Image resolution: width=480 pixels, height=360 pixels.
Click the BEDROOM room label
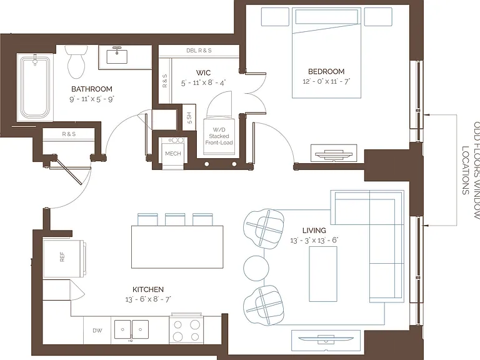[x=326, y=71]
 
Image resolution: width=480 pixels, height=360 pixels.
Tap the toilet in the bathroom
[x=76, y=61]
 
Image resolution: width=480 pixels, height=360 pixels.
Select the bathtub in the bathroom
[x=35, y=87]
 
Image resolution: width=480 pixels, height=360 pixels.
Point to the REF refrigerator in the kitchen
[x=64, y=259]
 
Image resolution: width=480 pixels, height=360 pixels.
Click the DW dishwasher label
[x=97, y=331]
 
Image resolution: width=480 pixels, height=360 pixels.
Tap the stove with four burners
[x=186, y=329]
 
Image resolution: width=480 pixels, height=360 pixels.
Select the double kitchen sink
[x=131, y=330]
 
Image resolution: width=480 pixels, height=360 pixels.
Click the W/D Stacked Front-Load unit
[x=219, y=136]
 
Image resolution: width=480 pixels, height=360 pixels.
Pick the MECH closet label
[x=173, y=153]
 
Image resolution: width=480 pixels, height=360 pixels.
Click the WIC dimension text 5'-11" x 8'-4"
[x=203, y=82]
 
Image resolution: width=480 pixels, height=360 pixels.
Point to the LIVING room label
[x=314, y=231]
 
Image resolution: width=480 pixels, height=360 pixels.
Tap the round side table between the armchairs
[x=256, y=268]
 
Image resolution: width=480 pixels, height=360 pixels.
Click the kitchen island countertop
[x=177, y=247]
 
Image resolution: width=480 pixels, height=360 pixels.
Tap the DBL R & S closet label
[x=199, y=50]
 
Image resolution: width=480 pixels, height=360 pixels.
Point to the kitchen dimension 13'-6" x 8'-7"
[x=148, y=299]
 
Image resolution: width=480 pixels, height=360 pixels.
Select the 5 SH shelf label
[x=189, y=118]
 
